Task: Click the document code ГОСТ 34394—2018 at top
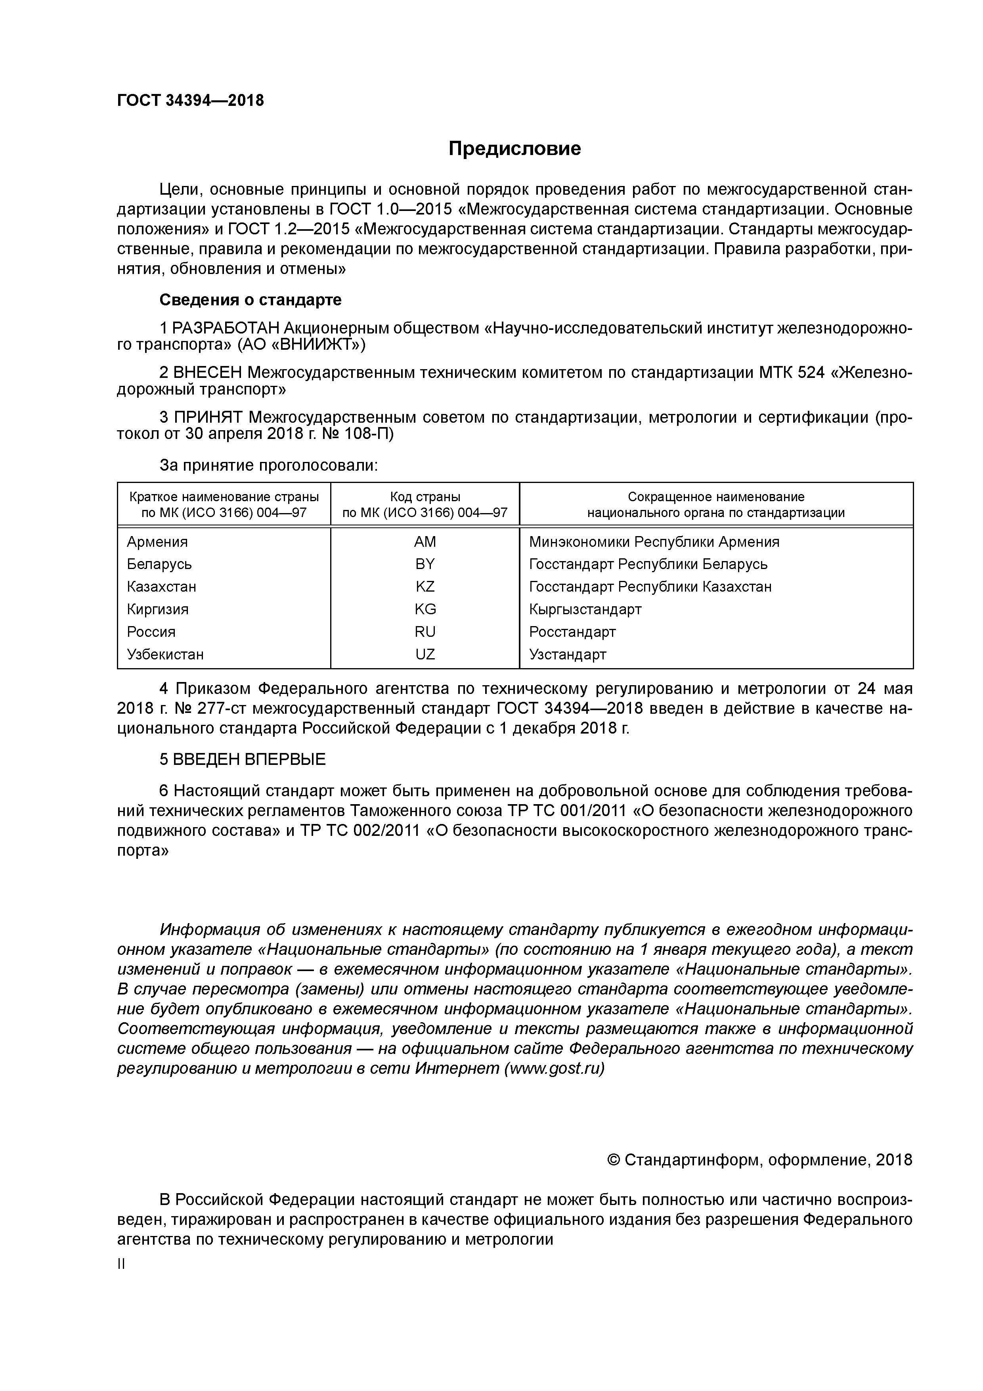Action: [190, 101]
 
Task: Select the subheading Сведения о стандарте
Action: [250, 300]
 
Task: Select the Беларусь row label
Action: [159, 564]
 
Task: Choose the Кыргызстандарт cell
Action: [585, 609]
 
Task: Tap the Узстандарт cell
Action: [568, 654]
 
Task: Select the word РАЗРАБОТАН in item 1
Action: [226, 328]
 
